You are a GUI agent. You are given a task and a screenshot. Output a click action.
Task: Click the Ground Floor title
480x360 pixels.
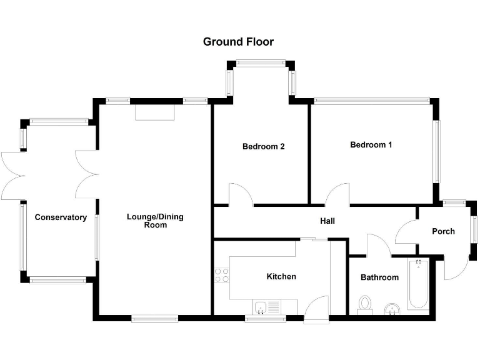pos(238,42)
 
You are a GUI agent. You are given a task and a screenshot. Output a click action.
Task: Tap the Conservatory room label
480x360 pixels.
pos(61,217)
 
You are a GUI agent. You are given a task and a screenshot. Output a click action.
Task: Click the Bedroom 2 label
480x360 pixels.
pos(264,147)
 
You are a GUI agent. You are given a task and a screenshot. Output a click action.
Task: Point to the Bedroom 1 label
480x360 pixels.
pos(371,145)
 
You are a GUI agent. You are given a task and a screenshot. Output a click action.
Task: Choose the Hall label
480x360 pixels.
pos(327,221)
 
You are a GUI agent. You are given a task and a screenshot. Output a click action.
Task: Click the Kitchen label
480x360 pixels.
pos(281,276)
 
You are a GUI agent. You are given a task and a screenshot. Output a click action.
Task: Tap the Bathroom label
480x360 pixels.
pos(379,277)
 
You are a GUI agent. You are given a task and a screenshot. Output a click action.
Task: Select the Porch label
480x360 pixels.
pos(443,231)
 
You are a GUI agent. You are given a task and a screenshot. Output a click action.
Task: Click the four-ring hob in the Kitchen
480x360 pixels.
pos(221,275)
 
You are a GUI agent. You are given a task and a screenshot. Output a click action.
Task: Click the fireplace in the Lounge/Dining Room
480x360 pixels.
pos(155,112)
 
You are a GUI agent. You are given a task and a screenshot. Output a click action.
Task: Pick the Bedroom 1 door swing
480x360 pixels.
pos(337,194)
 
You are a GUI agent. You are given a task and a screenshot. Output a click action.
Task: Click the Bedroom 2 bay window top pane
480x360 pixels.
pos(260,62)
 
